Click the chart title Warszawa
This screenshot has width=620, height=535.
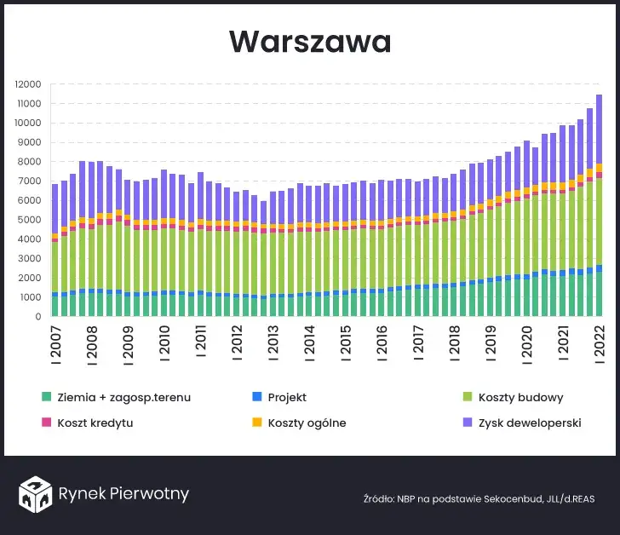click(309, 42)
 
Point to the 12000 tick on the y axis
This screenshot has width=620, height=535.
click(29, 84)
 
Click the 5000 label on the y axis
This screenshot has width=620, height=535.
click(32, 220)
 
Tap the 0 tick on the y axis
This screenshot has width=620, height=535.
click(38, 317)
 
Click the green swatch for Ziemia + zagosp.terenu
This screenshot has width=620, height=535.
click(46, 398)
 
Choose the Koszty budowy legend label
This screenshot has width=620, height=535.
click(520, 398)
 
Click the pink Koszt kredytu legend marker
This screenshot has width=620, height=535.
click(46, 423)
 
